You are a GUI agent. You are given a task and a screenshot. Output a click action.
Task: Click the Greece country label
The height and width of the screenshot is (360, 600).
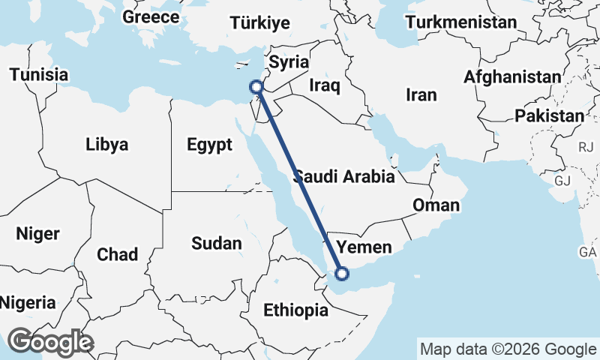point(151,16)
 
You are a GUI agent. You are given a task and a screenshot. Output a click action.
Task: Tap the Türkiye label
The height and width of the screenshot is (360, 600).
point(260,23)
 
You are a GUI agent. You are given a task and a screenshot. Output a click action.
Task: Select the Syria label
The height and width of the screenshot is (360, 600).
point(289,61)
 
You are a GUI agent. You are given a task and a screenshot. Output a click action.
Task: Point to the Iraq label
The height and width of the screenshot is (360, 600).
point(325,85)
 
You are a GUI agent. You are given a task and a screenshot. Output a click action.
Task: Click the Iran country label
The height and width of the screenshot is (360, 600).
point(420,94)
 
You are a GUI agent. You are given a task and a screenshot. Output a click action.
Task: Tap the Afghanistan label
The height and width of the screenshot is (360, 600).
point(511,76)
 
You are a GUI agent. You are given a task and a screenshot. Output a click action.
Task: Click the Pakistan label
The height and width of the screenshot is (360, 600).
point(549,115)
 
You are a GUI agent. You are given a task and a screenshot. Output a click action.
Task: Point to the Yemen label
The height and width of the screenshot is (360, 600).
point(364,247)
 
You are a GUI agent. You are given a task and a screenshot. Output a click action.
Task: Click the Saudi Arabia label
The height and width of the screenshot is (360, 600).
point(344,177)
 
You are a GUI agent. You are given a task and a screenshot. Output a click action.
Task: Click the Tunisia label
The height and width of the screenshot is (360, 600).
point(39,75)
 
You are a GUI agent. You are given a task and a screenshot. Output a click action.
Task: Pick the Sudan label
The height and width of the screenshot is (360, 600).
point(217,243)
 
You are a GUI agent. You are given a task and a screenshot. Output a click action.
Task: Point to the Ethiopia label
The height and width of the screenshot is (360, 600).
point(295,310)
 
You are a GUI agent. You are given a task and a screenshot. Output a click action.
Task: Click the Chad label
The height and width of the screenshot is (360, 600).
point(117,253)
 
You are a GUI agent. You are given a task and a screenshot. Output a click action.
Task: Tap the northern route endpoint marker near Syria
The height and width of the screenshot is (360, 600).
point(256,87)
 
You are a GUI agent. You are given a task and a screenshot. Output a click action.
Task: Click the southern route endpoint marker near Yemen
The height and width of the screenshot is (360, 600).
point(341,274)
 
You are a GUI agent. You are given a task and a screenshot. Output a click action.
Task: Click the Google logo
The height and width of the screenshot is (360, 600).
point(50,342)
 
